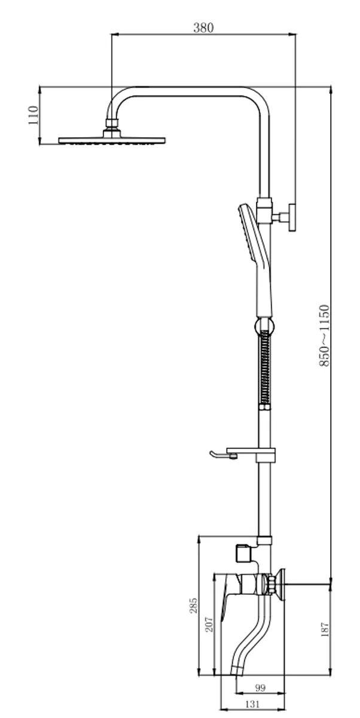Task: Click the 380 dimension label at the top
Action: (203, 28)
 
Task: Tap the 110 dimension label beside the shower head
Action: (33, 115)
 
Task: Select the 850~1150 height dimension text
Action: (324, 335)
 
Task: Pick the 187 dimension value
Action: (325, 629)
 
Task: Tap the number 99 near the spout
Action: (260, 688)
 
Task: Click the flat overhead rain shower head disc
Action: (112, 141)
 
